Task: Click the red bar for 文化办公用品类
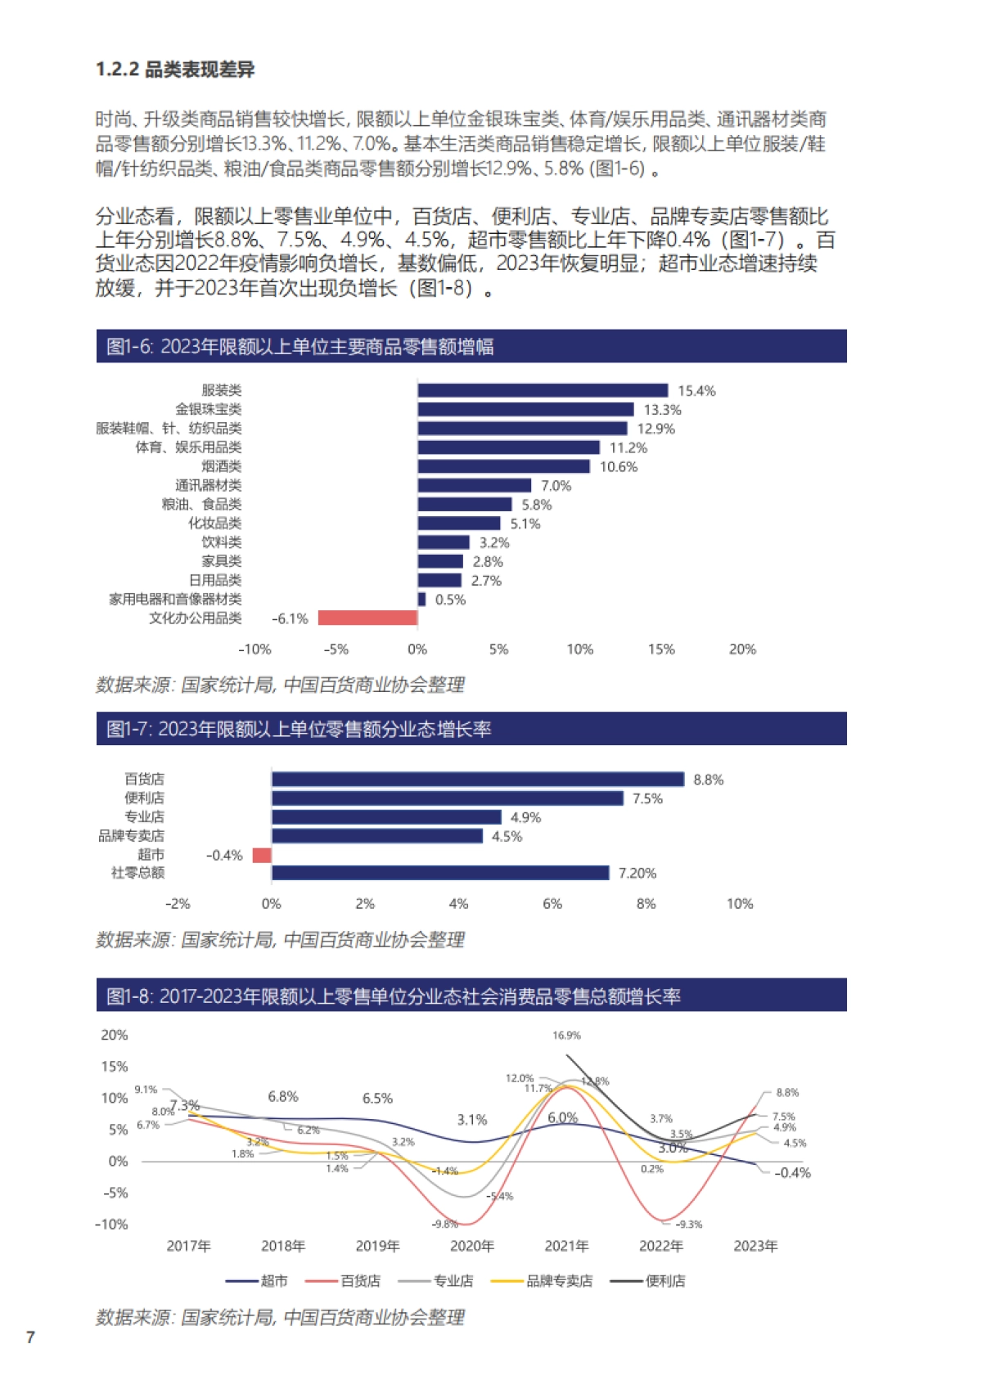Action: pos(367,618)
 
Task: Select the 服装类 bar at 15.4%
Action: pos(543,390)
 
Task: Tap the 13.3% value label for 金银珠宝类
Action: pos(662,410)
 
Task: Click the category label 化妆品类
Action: pos(215,524)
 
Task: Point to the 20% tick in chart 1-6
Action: pos(742,650)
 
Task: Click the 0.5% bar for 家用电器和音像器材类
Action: pos(421,600)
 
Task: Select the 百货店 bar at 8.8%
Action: pos(477,780)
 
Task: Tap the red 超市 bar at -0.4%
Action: pos(262,856)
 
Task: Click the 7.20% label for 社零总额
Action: pos(637,874)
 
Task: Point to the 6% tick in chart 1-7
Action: pos(552,904)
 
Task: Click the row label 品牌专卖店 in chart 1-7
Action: pos(132,836)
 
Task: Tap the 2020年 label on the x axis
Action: pos(472,1247)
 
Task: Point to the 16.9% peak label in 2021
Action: pos(566,1036)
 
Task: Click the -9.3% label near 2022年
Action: pos(689,1225)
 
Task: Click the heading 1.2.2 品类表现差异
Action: pos(175,70)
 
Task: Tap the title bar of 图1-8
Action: pos(471,996)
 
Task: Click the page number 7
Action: pos(31,1337)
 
